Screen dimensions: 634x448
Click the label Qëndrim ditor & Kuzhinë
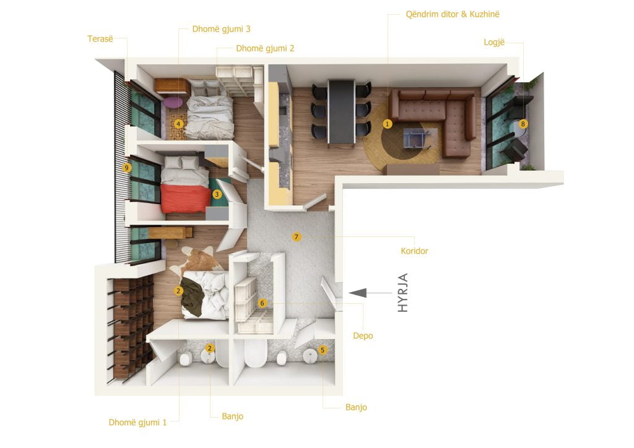tap(453, 15)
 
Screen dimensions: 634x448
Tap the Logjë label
tap(494, 43)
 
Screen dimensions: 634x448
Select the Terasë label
tap(100, 39)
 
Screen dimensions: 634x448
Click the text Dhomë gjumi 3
tap(221, 29)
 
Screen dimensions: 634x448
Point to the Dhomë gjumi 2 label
tap(265, 48)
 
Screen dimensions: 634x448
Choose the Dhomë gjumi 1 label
tap(137, 423)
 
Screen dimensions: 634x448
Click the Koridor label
tap(414, 251)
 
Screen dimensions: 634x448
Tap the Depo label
tap(363, 336)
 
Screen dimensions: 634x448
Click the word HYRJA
tap(402, 293)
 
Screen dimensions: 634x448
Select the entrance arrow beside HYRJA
tap(370, 293)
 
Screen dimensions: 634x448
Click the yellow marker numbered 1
tap(388, 124)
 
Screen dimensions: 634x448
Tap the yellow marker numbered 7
tap(297, 237)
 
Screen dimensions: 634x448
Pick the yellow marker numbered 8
tap(523, 124)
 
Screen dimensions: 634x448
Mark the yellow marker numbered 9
tap(126, 168)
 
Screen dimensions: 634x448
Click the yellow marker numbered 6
tap(262, 303)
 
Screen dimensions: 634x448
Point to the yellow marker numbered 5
tap(322, 350)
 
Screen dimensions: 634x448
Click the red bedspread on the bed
tap(185, 198)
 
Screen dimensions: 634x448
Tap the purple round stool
tap(173, 102)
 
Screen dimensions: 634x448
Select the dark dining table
tap(342, 111)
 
